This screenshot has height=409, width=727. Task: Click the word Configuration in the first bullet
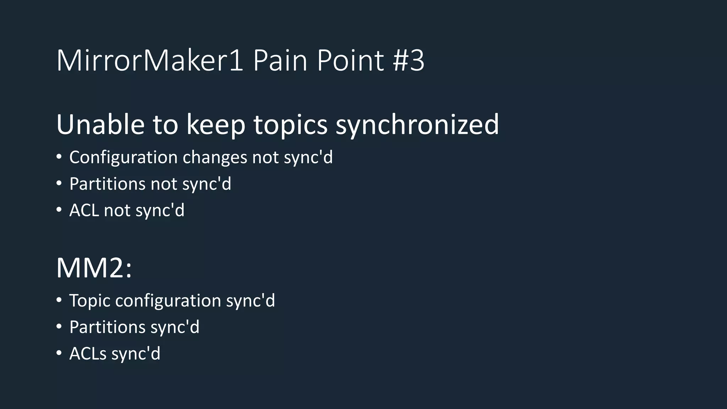123,157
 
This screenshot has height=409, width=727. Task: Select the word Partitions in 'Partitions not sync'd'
107,184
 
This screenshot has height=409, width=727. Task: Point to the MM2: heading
94,268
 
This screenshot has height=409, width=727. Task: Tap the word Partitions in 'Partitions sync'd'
107,327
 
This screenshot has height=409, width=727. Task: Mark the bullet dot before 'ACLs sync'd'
59,353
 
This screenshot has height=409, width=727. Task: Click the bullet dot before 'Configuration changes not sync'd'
59,157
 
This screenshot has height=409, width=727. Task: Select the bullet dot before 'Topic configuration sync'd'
59,300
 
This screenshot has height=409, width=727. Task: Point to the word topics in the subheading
290,125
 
